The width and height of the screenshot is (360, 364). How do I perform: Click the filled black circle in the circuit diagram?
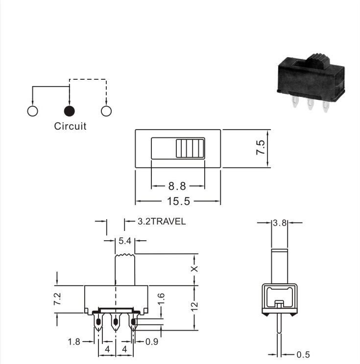click(x=69, y=111)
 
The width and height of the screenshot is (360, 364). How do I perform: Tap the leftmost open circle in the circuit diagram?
click(x=32, y=111)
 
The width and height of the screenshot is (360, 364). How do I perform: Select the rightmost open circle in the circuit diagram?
click(x=106, y=111)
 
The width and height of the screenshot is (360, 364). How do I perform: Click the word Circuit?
click(x=70, y=126)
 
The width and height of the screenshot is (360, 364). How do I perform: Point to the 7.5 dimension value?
click(x=260, y=147)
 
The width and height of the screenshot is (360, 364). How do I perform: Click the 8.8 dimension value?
click(x=177, y=186)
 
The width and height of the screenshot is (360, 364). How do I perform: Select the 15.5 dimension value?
click(x=178, y=201)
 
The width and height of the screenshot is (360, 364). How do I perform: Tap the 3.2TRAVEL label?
click(x=162, y=222)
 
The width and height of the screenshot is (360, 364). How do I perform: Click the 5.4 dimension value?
click(x=125, y=241)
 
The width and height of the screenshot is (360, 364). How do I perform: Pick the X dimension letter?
click(x=194, y=269)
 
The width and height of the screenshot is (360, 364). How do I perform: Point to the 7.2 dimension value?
click(x=57, y=299)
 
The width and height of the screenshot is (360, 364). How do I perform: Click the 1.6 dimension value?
click(x=161, y=299)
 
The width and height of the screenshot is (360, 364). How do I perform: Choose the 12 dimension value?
click(x=194, y=306)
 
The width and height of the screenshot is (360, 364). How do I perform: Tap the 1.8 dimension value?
click(x=74, y=342)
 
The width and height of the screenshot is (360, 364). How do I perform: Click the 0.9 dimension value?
click(x=152, y=341)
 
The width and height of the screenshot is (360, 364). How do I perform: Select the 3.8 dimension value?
click(x=280, y=223)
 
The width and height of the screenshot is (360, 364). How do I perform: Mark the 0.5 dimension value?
click(x=303, y=355)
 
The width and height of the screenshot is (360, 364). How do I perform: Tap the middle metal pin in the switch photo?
click(x=310, y=104)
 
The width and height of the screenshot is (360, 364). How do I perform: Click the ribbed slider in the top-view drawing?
click(x=190, y=148)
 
